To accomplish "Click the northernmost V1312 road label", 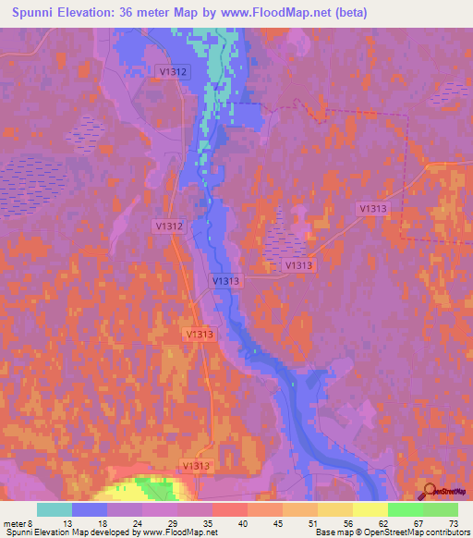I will pyautogui.click(x=173, y=70).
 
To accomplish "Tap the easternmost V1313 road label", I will pyautogui.click(x=373, y=210).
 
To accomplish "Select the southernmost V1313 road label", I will pyautogui.click(x=197, y=466).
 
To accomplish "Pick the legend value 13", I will pyautogui.click(x=68, y=522).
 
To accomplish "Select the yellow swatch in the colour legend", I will pyautogui.click(x=370, y=509).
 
